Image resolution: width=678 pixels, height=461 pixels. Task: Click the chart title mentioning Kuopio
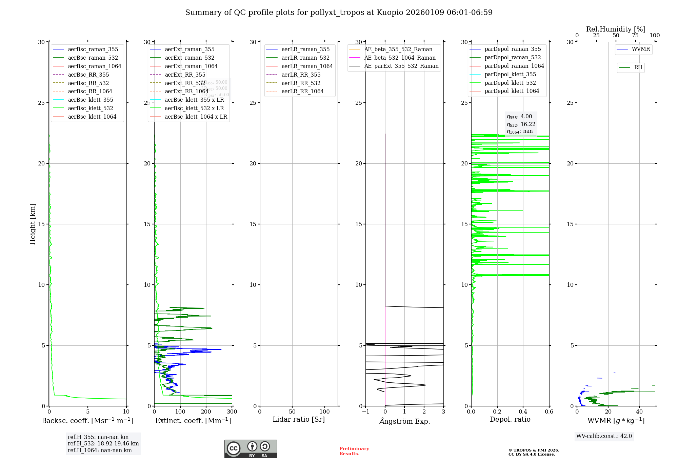pyautogui.click(x=339, y=13)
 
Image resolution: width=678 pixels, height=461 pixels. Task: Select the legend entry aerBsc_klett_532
pyautogui.click(x=90, y=108)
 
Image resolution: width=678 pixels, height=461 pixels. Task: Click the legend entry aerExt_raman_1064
pyautogui.click(x=191, y=66)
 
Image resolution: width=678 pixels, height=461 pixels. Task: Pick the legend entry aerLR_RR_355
pyautogui.click(x=301, y=75)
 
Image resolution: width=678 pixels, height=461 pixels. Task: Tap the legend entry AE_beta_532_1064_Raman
pyautogui.click(x=400, y=58)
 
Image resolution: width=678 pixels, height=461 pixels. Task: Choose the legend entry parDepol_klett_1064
pyautogui.click(x=512, y=91)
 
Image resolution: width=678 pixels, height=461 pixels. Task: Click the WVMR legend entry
pyautogui.click(x=640, y=49)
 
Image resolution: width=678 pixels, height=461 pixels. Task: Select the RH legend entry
pyautogui.click(x=638, y=67)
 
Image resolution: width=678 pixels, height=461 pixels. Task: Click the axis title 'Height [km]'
pyautogui.click(x=33, y=224)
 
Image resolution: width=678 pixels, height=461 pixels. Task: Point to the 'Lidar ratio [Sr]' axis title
pyautogui.click(x=299, y=419)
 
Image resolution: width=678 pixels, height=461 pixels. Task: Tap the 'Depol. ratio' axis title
pyautogui.click(x=510, y=419)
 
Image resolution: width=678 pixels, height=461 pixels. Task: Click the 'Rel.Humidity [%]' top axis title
pyautogui.click(x=616, y=29)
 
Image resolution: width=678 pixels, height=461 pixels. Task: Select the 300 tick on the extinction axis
pyautogui.click(x=232, y=412)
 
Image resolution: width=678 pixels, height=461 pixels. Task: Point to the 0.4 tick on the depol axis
pyautogui.click(x=523, y=412)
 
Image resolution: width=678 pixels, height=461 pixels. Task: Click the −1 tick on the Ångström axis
pyautogui.click(x=365, y=412)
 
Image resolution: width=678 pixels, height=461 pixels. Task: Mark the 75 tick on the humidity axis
pyautogui.click(x=635, y=36)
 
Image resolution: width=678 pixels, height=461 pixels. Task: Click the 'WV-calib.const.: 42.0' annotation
pyautogui.click(x=604, y=436)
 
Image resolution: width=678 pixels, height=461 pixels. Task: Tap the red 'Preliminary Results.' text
pyautogui.click(x=354, y=451)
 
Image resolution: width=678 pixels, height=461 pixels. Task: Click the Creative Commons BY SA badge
pyautogui.click(x=251, y=449)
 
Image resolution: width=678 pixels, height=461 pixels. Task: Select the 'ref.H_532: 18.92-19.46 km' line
pyautogui.click(x=103, y=443)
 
